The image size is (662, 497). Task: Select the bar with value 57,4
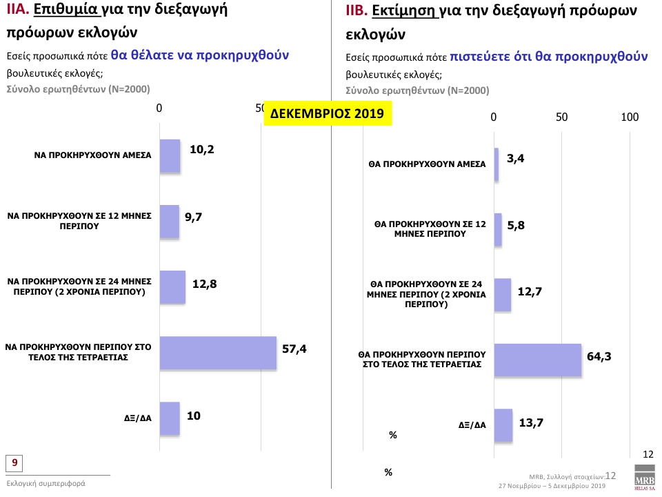click(x=218, y=353)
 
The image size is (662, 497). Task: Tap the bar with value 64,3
click(x=538, y=360)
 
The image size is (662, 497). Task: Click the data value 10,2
click(x=202, y=149)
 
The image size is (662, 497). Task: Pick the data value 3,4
click(x=516, y=159)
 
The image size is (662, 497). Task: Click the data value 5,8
click(x=516, y=226)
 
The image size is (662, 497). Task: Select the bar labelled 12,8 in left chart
click(x=172, y=287)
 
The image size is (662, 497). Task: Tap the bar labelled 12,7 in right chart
click(x=503, y=294)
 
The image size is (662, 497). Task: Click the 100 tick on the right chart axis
click(x=630, y=117)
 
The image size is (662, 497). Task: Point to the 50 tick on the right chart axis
click(x=562, y=117)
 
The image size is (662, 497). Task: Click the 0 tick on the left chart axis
click(x=159, y=108)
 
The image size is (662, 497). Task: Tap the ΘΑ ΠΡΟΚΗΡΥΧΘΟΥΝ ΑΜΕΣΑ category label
click(x=427, y=165)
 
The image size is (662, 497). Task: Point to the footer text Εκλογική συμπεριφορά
click(x=46, y=483)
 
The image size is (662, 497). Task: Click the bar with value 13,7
click(x=503, y=425)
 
